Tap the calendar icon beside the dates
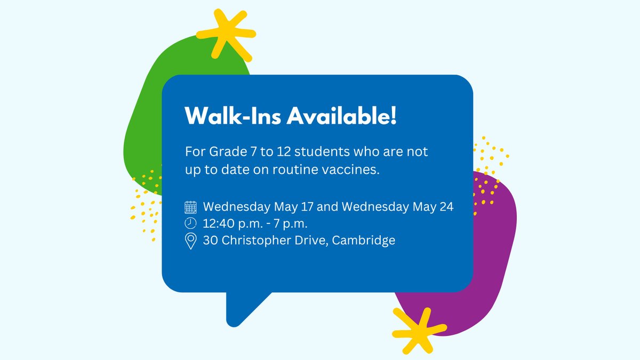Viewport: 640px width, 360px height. pos(190,207)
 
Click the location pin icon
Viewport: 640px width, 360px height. pos(190,241)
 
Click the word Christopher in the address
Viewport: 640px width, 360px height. pos(255,241)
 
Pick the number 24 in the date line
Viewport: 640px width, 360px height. pos(446,207)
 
